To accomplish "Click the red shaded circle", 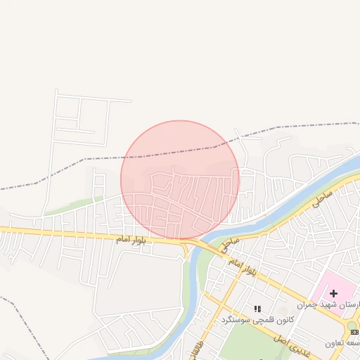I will click(180, 180).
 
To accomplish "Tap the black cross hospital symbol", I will click(333, 292).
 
